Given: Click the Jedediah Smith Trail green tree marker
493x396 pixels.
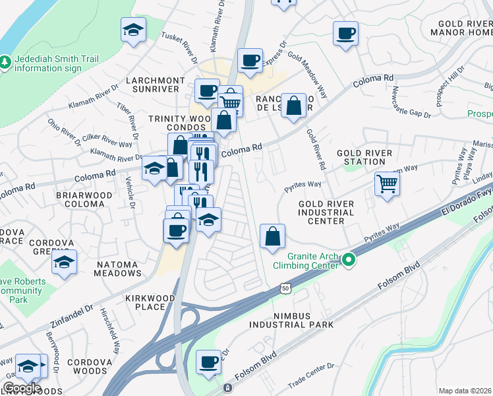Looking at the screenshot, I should point(6,61).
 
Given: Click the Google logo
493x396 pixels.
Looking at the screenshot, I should point(21,387).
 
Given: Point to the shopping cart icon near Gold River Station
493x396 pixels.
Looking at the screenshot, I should point(387,183).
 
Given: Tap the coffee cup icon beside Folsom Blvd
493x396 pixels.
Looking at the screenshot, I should point(209,362).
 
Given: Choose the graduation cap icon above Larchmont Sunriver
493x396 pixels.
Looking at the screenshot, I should point(134,30).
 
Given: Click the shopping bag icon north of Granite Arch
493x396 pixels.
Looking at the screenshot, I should point(272,236).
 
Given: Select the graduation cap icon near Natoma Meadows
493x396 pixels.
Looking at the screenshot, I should point(64,262).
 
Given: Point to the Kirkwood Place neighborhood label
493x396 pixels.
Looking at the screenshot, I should point(150,302).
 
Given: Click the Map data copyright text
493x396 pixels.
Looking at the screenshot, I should point(465,391).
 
